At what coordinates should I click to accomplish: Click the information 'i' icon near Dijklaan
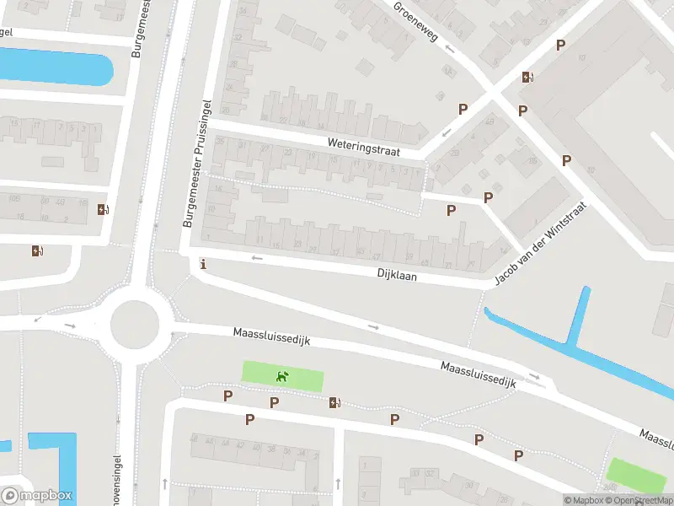coord(202,265)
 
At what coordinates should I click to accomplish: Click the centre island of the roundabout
coord(135,321)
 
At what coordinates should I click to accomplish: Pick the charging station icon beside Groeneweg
coord(527,77)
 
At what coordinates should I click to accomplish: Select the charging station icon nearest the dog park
coord(335,402)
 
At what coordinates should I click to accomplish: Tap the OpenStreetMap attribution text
coord(632,500)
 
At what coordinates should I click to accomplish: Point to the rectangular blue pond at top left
coord(56,67)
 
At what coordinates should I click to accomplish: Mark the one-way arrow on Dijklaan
coord(258,257)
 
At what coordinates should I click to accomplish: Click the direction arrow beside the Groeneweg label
coord(449,48)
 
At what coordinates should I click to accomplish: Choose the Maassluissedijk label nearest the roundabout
coord(272,337)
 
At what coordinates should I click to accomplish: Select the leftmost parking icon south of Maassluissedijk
coord(227,396)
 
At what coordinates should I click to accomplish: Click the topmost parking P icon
coord(560,45)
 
